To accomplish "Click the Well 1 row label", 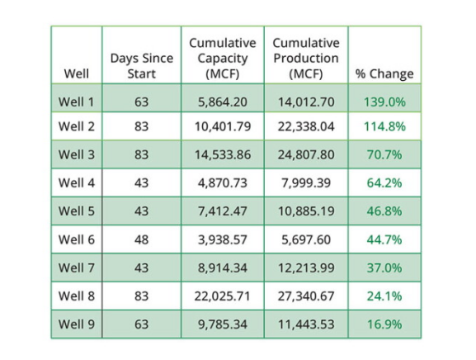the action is pyautogui.click(x=76, y=102).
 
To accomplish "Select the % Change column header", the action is pyautogui.click(x=384, y=73).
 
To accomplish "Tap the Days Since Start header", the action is pyautogui.click(x=142, y=66).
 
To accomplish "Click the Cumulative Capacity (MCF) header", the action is pyautogui.click(x=223, y=59).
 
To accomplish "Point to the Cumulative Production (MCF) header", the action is pyautogui.click(x=306, y=59).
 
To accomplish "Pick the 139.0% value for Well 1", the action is pyautogui.click(x=384, y=102).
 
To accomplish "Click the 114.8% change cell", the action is pyautogui.click(x=384, y=126).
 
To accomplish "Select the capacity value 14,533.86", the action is pyautogui.click(x=223, y=154).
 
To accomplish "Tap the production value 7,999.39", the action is pyautogui.click(x=306, y=182).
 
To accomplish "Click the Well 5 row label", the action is pyautogui.click(x=76, y=211).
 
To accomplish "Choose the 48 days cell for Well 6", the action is pyautogui.click(x=141, y=239).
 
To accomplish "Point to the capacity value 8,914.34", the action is pyautogui.click(x=223, y=268).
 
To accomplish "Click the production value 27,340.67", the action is pyautogui.click(x=306, y=296).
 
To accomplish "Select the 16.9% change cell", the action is pyautogui.click(x=384, y=324).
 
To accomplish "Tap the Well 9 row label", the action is pyautogui.click(x=76, y=324).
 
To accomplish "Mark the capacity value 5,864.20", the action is pyautogui.click(x=223, y=102).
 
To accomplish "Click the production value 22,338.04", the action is pyautogui.click(x=306, y=126).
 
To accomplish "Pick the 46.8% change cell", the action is pyautogui.click(x=384, y=211).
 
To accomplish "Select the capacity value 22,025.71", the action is pyautogui.click(x=223, y=296).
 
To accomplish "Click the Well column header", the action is pyautogui.click(x=77, y=73).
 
